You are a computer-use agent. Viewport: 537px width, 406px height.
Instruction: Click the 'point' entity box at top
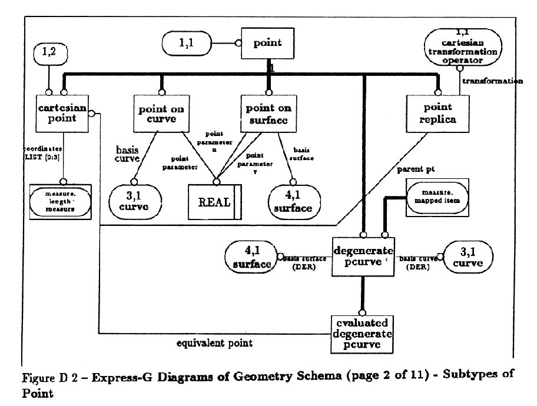(x=267, y=43)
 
